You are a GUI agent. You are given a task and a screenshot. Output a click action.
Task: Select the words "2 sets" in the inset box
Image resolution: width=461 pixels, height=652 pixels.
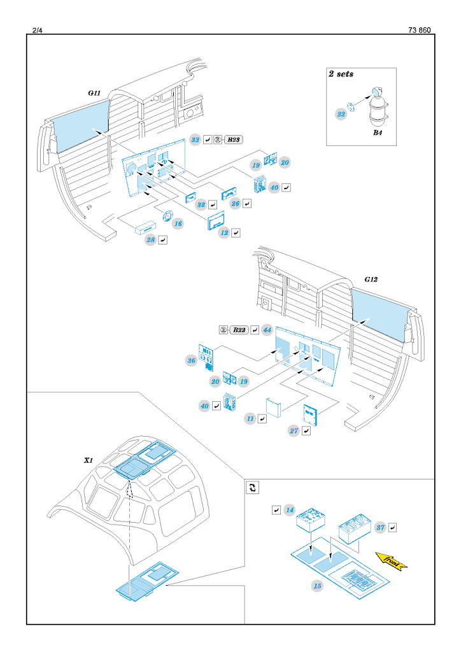341,74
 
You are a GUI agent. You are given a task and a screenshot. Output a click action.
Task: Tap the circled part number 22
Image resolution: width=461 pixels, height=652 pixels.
341,113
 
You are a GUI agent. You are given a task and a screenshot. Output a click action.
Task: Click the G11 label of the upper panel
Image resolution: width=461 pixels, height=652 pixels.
94,93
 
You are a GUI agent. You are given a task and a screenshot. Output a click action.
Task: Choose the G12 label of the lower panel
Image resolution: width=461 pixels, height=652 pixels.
372,280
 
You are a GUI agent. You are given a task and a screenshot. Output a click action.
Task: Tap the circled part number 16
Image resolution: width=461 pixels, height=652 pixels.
178,224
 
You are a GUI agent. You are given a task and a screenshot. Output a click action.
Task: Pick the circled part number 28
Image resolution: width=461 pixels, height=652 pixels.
150,240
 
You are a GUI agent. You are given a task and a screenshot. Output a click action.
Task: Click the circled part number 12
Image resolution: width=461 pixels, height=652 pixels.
224,233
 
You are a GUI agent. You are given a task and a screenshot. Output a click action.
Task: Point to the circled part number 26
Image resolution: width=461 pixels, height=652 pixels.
236,204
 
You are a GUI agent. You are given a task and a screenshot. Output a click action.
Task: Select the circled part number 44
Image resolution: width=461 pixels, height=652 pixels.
267,330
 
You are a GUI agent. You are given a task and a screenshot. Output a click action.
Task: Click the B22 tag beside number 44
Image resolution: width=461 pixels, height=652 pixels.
239,330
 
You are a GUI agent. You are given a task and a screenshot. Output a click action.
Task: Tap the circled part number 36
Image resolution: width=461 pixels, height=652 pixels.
191,360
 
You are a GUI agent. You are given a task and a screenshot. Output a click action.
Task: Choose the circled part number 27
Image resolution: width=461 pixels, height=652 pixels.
294,431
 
